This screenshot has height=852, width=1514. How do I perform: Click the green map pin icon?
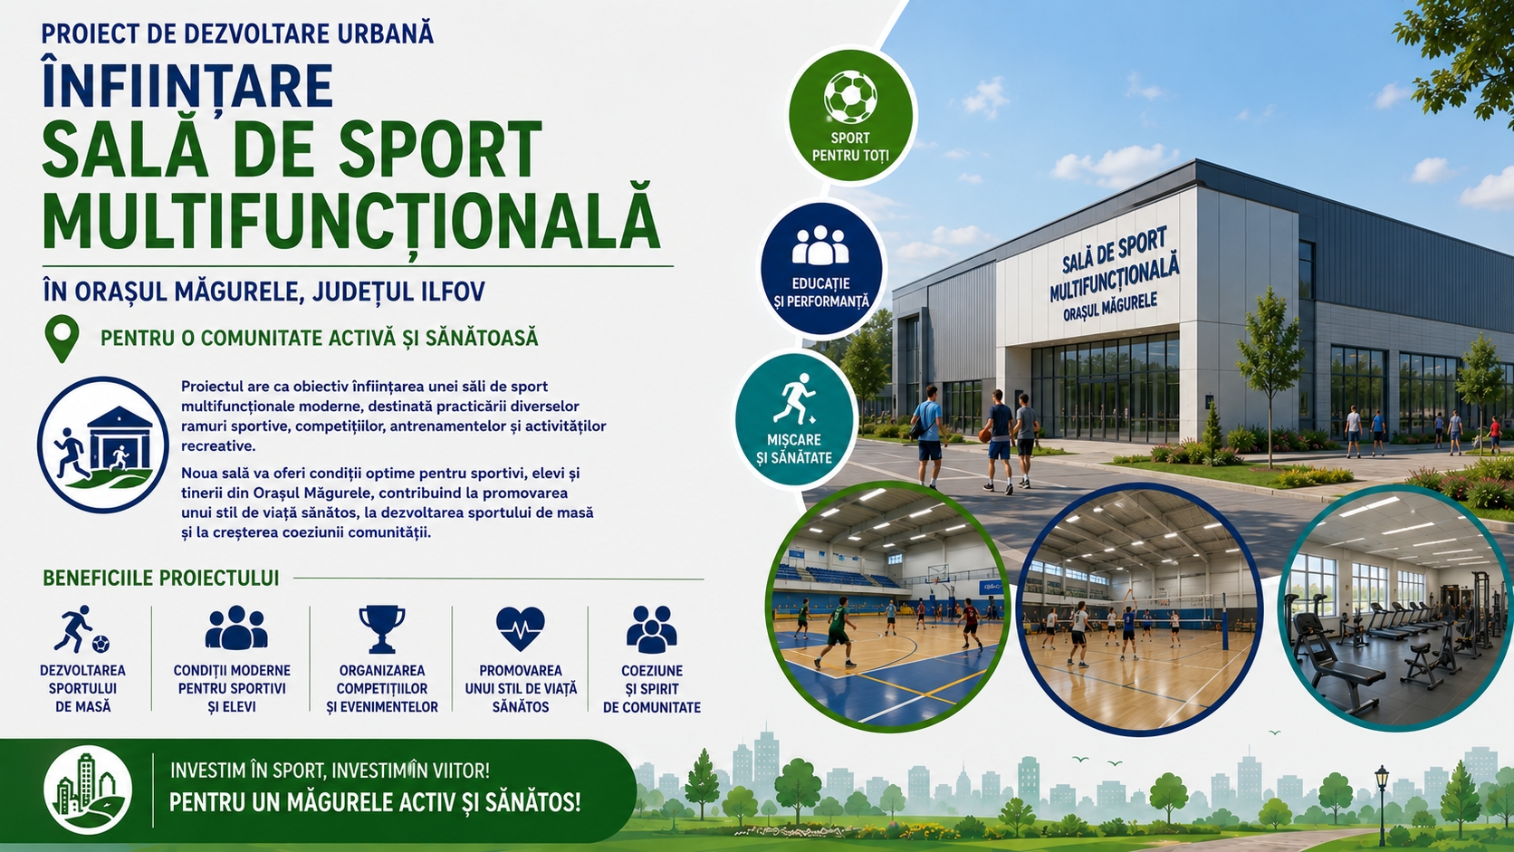tap(62, 338)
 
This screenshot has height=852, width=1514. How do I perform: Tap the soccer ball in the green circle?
tap(850, 97)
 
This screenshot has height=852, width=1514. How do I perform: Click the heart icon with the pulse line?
tap(520, 628)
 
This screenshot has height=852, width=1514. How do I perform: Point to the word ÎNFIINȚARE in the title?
tap(187, 87)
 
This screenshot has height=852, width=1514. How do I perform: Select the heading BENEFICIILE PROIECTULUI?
tap(161, 579)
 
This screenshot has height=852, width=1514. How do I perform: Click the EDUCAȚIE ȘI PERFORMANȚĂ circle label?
tap(821, 292)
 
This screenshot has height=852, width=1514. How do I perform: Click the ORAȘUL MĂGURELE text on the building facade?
tap(1110, 306)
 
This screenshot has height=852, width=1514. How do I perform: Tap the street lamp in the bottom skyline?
tap(1382, 804)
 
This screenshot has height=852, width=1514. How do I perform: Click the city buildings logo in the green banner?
tap(88, 790)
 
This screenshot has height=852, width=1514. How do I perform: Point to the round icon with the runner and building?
tap(102, 445)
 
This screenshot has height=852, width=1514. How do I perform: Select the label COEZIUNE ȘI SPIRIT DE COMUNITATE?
tap(652, 689)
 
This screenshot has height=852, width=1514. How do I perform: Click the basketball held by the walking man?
tap(985, 436)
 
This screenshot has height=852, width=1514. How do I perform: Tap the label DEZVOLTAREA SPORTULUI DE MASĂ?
tap(82, 688)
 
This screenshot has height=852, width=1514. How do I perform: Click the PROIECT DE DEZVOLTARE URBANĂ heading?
tap(237, 34)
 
